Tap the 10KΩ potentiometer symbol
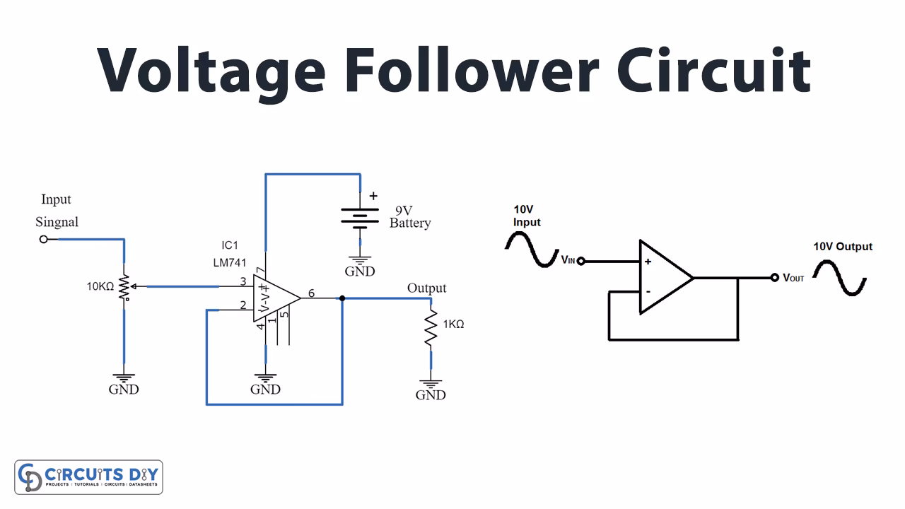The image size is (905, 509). point(125,287)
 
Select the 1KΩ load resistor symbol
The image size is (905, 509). point(431,329)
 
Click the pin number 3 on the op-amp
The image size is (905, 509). point(243,281)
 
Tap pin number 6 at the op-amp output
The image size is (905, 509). point(312,293)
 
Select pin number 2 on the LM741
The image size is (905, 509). point(243,305)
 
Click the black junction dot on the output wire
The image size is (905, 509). point(342,298)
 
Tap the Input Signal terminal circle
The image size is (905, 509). point(44,240)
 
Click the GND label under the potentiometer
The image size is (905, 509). point(124,390)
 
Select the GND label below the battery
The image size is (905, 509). point(360,271)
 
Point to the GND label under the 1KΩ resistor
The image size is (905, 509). point(431,395)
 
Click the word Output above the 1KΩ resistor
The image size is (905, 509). point(426,288)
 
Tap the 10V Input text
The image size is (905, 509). point(527,216)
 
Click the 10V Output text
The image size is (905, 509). point(843,247)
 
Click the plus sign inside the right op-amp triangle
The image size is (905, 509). point(647,262)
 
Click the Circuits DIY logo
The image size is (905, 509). point(89,477)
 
